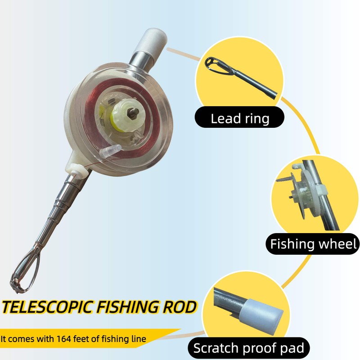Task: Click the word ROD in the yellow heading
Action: pos(180,307)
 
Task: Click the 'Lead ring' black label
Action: pos(240,119)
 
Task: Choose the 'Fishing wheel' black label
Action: pos(313,244)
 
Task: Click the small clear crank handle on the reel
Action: pos(109,152)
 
